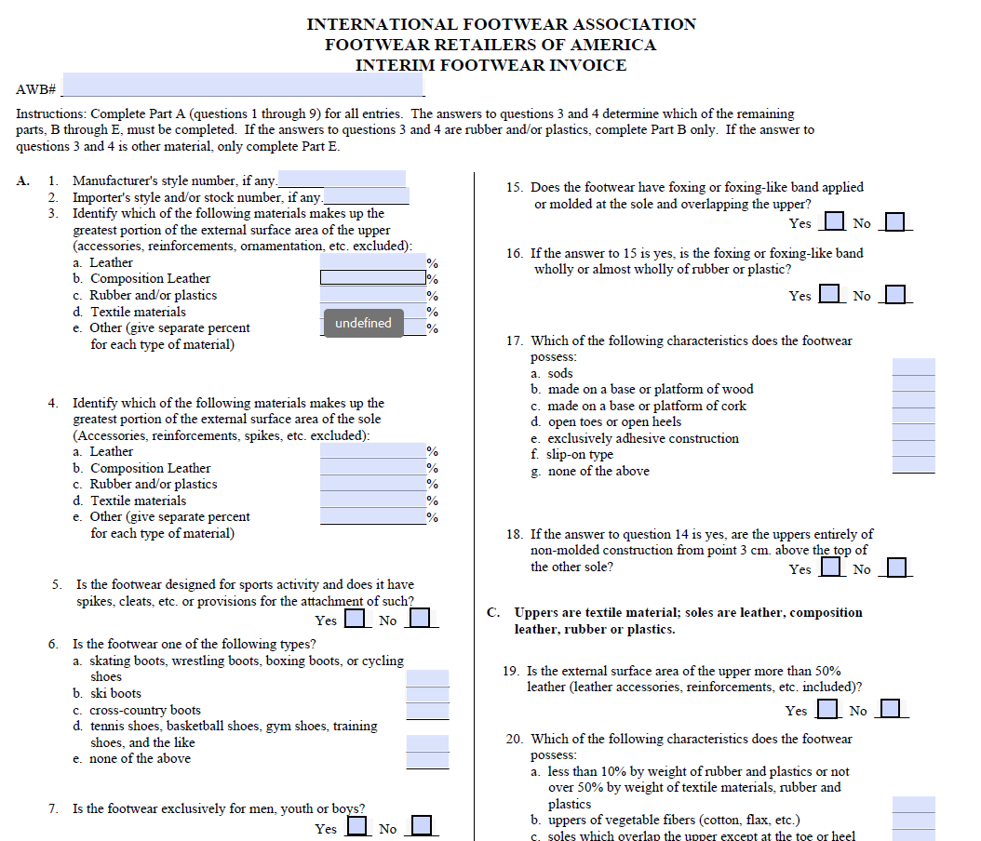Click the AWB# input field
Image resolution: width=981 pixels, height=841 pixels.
click(x=243, y=84)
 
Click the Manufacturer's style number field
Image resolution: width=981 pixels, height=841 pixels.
click(x=342, y=179)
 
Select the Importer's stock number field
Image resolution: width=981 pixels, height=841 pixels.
click(x=366, y=195)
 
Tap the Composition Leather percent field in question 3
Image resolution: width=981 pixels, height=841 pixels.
click(x=373, y=277)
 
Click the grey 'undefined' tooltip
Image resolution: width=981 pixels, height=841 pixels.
click(x=364, y=323)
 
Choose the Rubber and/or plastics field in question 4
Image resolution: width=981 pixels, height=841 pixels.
click(x=373, y=484)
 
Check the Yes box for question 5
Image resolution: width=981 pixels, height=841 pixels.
click(x=355, y=618)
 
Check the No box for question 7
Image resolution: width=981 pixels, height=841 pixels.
click(x=421, y=825)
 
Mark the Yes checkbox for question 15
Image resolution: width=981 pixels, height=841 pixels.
click(x=834, y=221)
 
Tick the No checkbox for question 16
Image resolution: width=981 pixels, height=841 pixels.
click(x=895, y=294)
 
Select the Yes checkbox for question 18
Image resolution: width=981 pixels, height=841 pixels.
click(x=830, y=567)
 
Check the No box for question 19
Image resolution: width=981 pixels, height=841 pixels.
click(x=890, y=709)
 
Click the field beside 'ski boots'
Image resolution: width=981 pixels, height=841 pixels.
click(x=427, y=694)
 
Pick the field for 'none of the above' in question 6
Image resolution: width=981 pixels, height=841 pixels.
click(x=427, y=760)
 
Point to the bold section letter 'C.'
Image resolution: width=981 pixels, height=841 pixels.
click(x=493, y=612)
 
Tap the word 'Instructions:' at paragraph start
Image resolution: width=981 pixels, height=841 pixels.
click(x=50, y=113)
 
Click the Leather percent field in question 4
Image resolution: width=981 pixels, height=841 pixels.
click(x=373, y=450)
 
